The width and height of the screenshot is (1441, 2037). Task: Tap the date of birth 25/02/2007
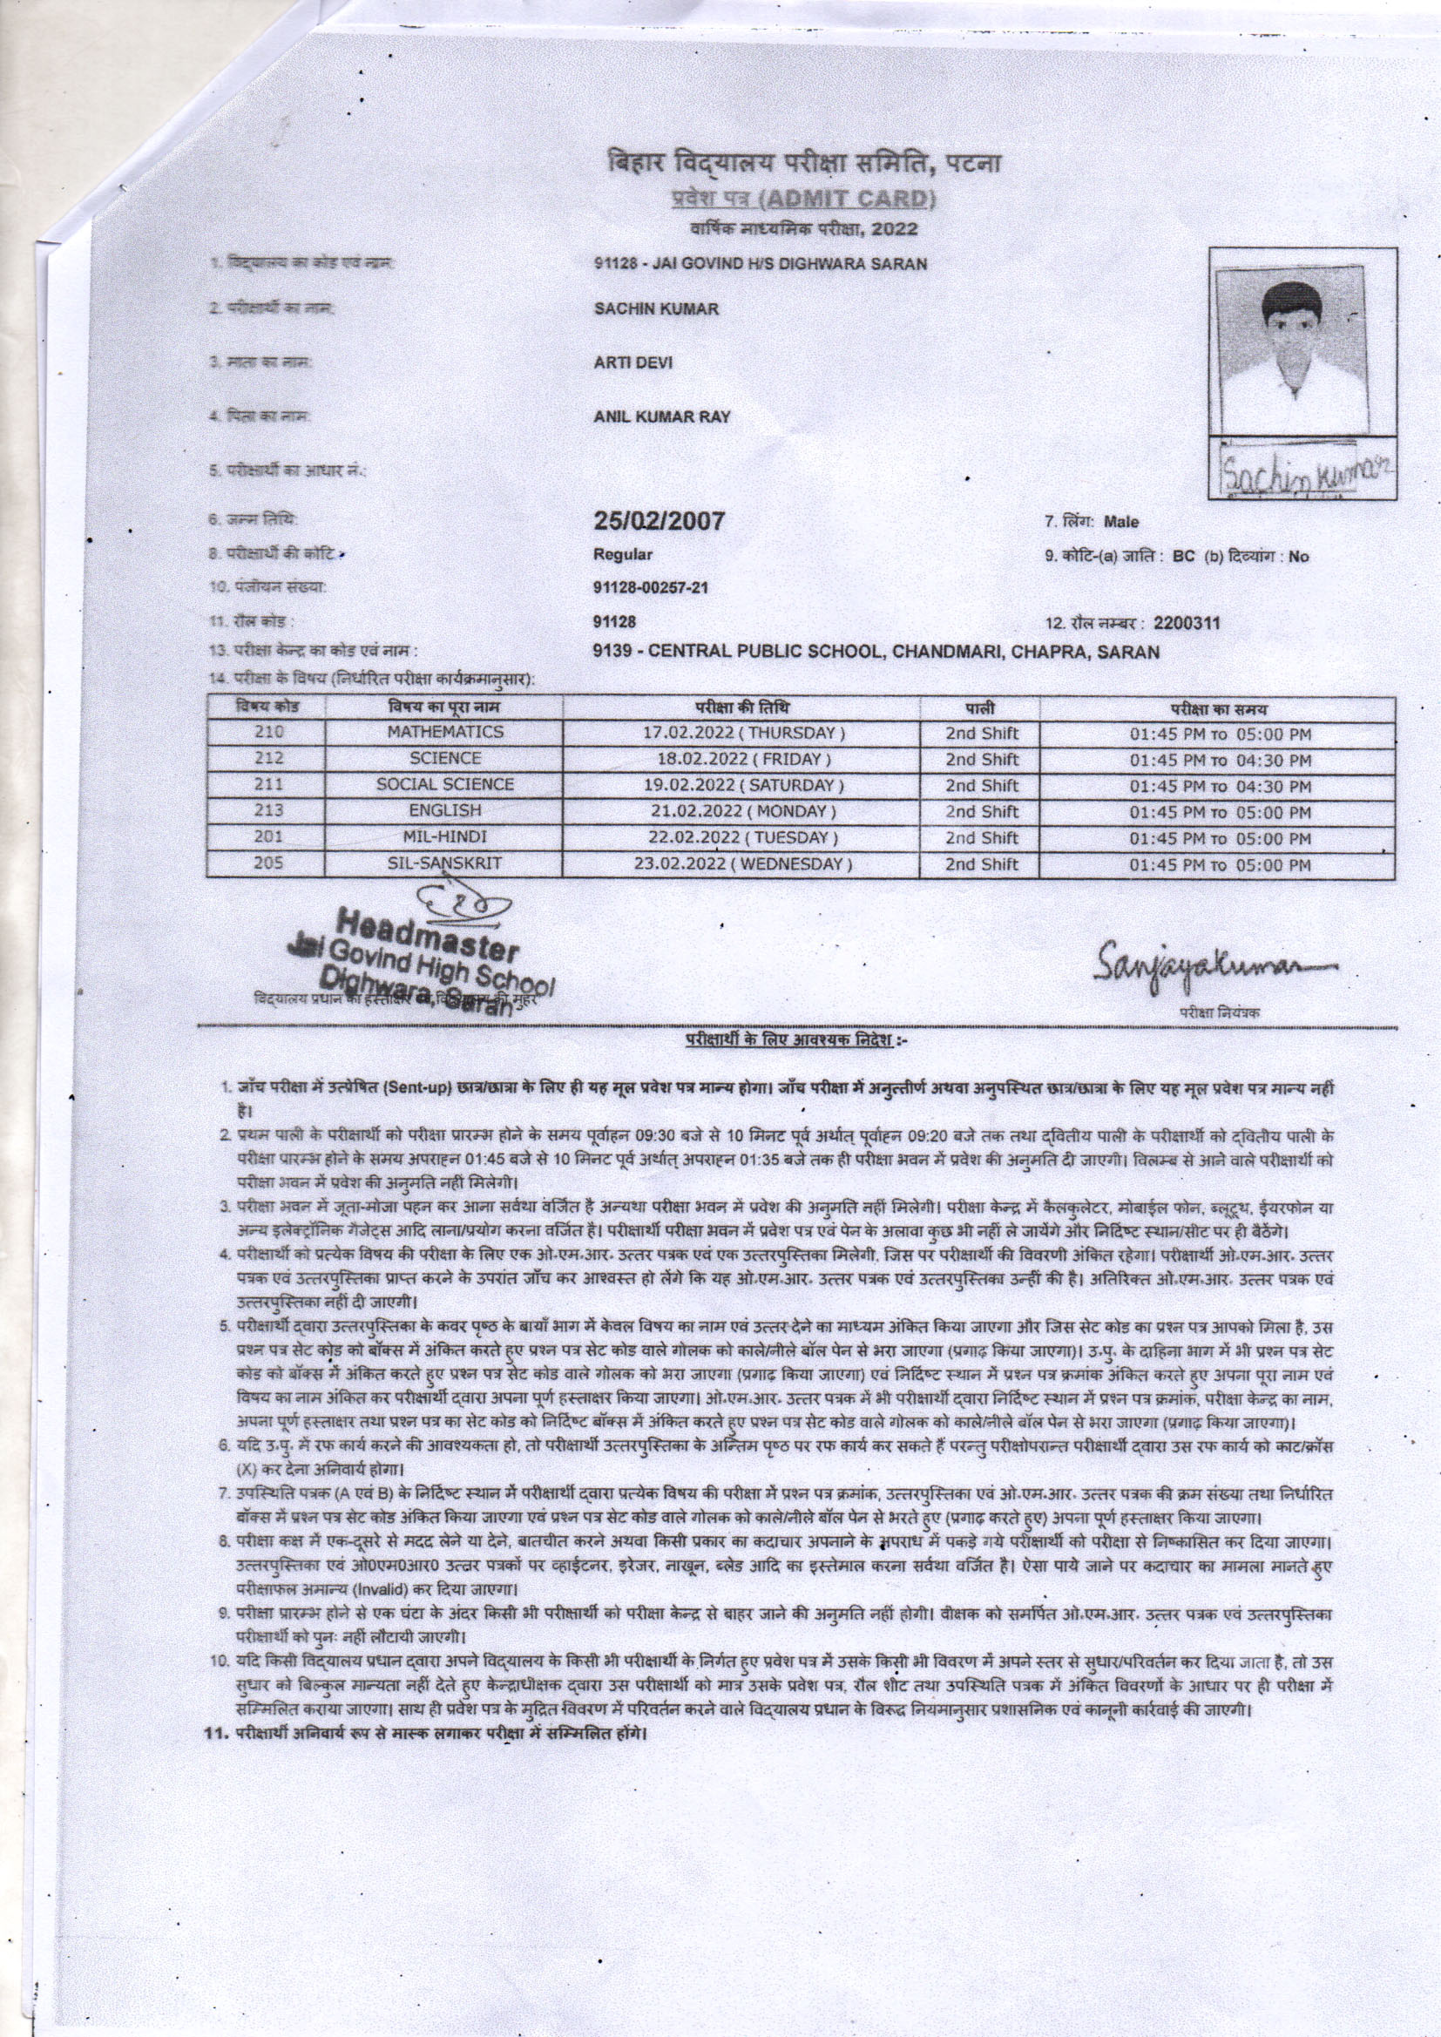[x=660, y=520]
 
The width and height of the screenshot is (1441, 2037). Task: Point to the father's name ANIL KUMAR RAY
[x=661, y=417]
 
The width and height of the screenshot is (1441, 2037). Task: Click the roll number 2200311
[x=1187, y=623]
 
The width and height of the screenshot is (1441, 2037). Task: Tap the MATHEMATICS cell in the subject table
[x=444, y=733]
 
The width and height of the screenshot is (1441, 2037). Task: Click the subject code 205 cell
[x=267, y=864]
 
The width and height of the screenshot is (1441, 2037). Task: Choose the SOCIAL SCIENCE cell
[x=444, y=785]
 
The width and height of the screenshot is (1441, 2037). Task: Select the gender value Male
[x=1120, y=522]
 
